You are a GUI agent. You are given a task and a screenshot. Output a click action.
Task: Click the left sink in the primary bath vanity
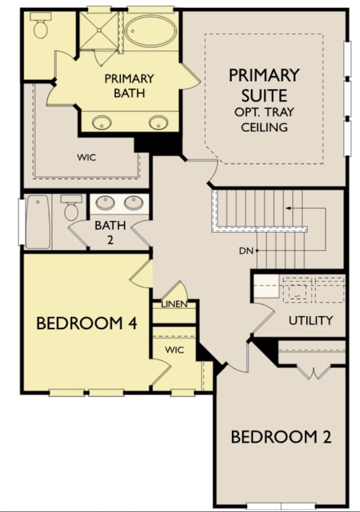click(x=103, y=122)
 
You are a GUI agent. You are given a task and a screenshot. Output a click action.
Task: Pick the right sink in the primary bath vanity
click(x=158, y=122)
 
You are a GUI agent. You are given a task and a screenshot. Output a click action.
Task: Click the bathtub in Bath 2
click(x=38, y=222)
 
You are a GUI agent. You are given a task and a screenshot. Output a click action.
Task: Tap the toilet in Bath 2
click(x=70, y=208)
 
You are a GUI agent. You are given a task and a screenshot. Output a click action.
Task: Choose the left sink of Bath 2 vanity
click(x=106, y=203)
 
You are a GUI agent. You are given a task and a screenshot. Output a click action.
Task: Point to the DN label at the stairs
click(x=246, y=250)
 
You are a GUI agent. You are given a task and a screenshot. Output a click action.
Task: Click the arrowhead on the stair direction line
click(x=287, y=207)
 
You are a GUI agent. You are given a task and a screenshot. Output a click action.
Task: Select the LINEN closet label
click(x=174, y=304)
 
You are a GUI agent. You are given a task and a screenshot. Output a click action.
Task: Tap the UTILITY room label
click(x=310, y=320)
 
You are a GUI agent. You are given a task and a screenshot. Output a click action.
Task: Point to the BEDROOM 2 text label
click(x=281, y=437)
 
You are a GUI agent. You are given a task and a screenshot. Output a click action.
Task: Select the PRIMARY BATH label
click(x=129, y=86)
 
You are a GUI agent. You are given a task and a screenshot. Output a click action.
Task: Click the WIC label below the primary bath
click(x=86, y=157)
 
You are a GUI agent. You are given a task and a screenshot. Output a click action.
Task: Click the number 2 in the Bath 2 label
click(x=110, y=239)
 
